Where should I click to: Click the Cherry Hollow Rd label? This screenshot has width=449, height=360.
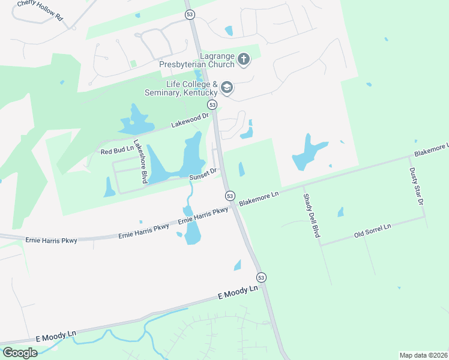40,11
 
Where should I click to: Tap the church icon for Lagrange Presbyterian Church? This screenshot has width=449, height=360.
244,59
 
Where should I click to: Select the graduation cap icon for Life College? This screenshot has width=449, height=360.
227,88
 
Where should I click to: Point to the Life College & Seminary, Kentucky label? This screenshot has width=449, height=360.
181,88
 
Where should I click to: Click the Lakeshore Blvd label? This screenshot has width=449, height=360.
140,161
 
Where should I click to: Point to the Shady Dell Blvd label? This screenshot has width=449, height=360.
310,215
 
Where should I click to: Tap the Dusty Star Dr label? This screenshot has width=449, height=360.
417,187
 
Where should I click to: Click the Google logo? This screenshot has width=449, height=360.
20,353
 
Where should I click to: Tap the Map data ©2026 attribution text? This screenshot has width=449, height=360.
423,355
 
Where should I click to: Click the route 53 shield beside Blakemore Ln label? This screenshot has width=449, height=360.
230,196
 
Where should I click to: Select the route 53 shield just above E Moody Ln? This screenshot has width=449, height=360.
261,277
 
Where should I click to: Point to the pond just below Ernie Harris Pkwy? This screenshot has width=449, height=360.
192,236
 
